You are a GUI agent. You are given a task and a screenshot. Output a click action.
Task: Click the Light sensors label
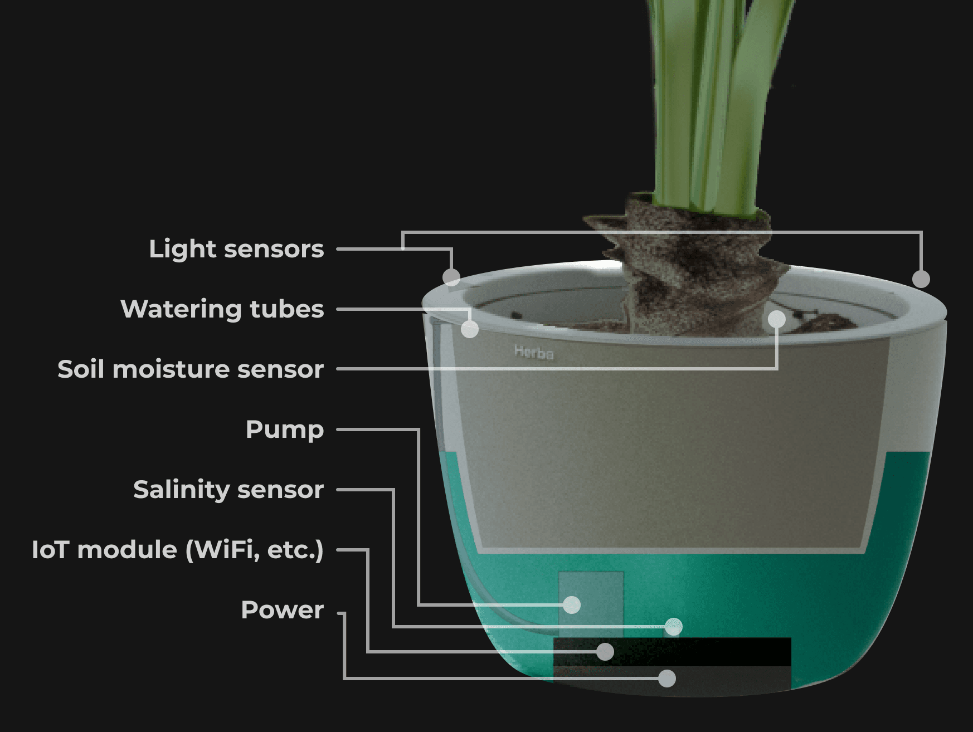(x=236, y=249)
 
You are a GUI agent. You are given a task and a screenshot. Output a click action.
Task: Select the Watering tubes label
(x=222, y=309)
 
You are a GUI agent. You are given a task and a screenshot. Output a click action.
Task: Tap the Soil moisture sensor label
(x=191, y=369)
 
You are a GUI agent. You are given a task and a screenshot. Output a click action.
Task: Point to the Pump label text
(x=285, y=430)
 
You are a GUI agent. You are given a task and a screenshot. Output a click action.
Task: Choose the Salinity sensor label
(x=228, y=490)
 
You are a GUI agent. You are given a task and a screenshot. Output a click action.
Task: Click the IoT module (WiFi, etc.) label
(x=178, y=550)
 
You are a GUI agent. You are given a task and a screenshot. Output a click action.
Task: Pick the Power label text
(x=282, y=610)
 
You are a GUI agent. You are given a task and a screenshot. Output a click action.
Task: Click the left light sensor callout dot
(x=451, y=277)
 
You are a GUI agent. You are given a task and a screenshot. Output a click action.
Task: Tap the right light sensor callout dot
(x=921, y=279)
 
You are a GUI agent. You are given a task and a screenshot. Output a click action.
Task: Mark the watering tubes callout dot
(x=470, y=329)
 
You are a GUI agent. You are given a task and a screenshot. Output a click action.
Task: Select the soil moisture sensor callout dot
(x=777, y=319)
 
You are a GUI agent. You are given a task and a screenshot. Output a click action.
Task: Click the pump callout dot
(x=572, y=604)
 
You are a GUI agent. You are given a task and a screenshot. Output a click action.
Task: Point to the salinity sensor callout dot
(x=674, y=627)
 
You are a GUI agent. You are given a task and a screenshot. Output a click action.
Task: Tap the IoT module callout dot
(x=605, y=651)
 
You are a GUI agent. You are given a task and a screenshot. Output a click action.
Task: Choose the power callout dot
(x=667, y=678)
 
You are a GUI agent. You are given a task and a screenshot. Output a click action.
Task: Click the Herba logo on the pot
(x=534, y=353)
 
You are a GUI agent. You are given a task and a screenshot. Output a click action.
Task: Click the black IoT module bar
(x=672, y=652)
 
